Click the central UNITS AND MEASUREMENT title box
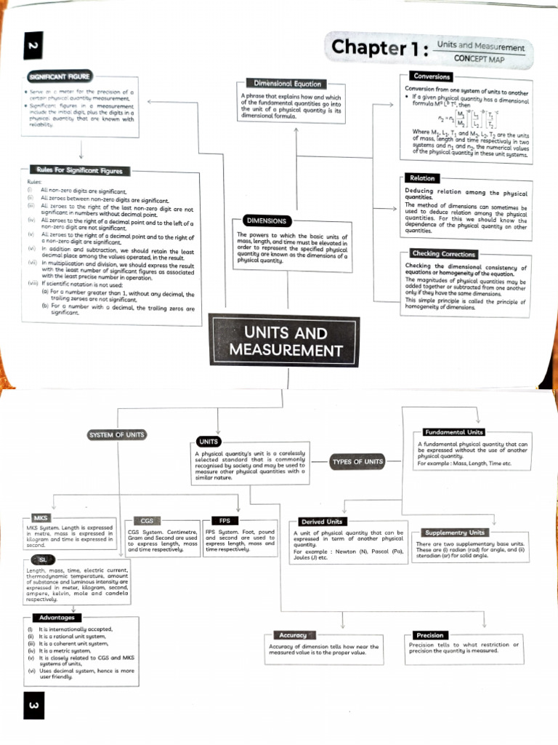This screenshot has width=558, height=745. point(285,341)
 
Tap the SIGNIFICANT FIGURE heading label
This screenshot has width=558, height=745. point(60,76)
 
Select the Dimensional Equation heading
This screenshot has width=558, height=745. point(287,84)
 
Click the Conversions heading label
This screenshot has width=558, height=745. point(432,76)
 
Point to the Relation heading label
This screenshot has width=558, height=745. point(422,178)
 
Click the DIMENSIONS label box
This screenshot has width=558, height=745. point(266,220)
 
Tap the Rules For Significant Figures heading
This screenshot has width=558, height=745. point(79,171)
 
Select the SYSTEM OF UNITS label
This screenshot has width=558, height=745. point(116,435)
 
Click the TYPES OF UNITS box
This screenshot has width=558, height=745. point(357,461)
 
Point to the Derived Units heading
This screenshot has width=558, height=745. point(322,522)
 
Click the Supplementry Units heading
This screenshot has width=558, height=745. point(454,533)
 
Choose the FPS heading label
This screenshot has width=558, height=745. point(224,521)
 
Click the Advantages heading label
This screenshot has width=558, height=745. point(57,618)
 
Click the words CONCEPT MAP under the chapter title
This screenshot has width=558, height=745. point(479,57)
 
